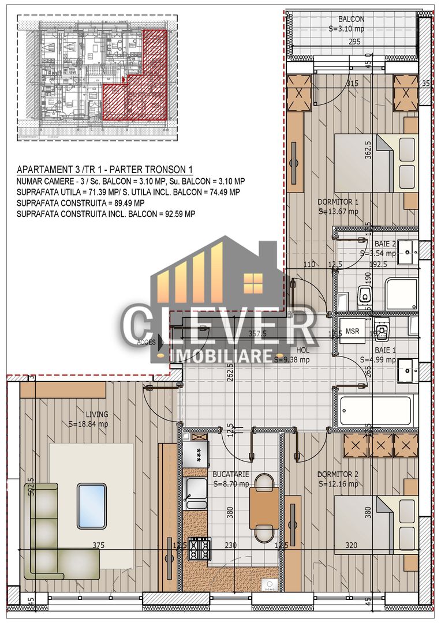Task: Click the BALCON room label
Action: [351, 19]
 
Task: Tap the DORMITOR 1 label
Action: [338, 202]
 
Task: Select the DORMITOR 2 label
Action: [338, 475]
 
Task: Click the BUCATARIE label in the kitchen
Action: [230, 475]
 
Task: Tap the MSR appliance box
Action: [353, 332]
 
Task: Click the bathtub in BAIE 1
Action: [376, 410]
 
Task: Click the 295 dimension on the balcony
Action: [354, 42]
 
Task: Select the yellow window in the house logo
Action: [252, 282]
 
